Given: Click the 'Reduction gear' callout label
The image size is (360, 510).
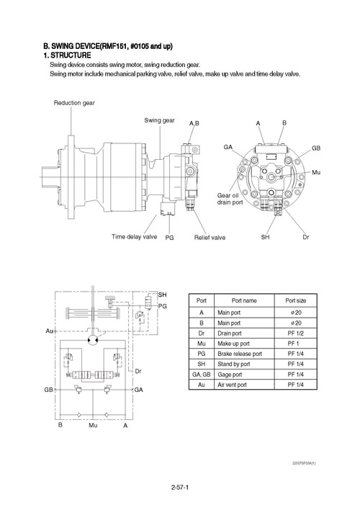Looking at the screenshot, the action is (74, 103).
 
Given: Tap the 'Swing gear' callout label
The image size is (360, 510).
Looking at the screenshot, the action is (159, 120).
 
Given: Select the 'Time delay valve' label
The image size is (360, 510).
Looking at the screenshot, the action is (135, 237).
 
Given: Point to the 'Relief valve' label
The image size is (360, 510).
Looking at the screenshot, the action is (210, 238).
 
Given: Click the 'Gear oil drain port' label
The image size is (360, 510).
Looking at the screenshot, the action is (230, 199).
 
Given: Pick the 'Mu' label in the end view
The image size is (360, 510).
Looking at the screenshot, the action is (316, 172).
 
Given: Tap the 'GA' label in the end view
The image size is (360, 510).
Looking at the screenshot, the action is (228, 147).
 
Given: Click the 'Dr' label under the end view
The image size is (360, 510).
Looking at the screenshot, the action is (306, 237).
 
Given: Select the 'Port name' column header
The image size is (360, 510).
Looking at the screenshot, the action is (244, 300).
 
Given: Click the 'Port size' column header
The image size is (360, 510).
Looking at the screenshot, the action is (296, 300).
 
